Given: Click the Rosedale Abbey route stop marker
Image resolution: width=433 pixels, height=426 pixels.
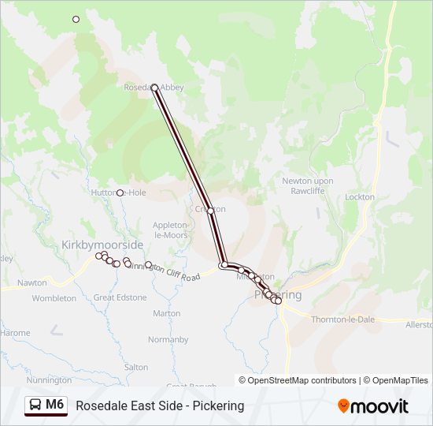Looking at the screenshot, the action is (x=154, y=88).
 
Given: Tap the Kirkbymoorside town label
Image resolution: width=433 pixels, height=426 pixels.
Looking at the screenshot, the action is (x=102, y=245).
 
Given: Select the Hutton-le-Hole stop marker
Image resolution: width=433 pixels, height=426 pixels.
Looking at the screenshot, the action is (x=120, y=192).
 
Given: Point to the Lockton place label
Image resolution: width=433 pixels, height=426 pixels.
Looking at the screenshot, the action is (x=360, y=197).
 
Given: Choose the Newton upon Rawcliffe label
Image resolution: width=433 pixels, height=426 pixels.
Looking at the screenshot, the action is (x=308, y=185).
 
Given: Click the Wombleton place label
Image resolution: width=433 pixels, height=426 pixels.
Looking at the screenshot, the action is (x=54, y=298).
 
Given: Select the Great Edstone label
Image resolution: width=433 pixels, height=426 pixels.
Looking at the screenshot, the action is (x=120, y=297).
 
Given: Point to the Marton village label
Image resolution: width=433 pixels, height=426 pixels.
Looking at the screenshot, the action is (x=167, y=313).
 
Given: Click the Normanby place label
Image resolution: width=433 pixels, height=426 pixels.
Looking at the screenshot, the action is (x=168, y=340).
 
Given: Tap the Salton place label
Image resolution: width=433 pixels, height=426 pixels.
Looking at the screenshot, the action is (x=136, y=368).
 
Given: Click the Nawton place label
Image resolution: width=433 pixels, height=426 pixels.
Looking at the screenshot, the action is (x=32, y=282).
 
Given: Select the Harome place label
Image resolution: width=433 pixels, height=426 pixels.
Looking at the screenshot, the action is (x=15, y=333).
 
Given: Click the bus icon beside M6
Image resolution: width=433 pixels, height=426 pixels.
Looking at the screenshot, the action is (x=35, y=405).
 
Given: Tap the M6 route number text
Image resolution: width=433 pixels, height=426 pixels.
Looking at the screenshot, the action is (x=54, y=405).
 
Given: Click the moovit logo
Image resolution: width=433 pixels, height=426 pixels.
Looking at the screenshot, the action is (x=373, y=406).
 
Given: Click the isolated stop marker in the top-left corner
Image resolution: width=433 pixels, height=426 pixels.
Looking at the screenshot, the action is (x=76, y=19).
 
